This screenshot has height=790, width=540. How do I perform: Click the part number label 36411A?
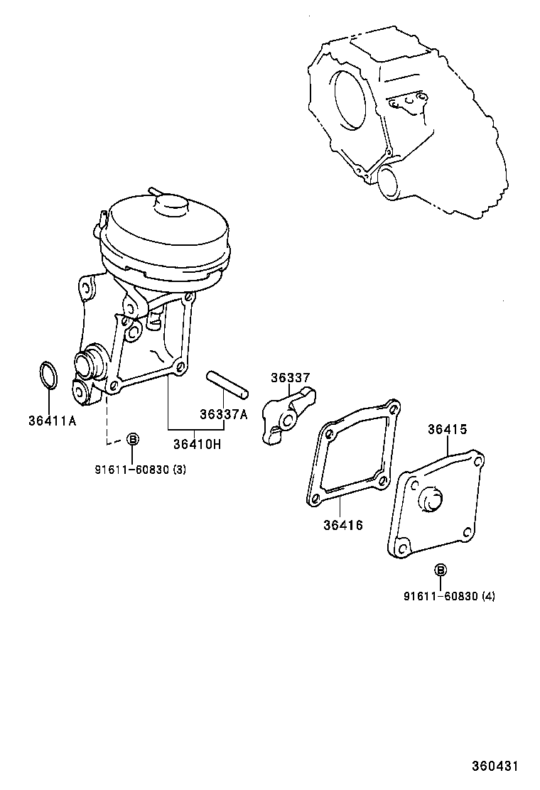52,420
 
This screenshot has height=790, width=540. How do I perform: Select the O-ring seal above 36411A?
48,375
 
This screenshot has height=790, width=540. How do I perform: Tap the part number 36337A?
223,415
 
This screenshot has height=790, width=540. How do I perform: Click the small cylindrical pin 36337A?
227,382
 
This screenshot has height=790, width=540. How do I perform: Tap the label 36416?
343,525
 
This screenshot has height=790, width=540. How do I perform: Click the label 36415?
447,429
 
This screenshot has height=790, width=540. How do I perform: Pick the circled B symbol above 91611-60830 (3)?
132,440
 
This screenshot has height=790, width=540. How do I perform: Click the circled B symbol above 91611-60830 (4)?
441,570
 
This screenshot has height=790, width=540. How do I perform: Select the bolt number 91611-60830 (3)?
140,469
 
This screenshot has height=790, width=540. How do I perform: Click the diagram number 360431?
496,767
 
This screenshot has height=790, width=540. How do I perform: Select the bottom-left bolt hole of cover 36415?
403,547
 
